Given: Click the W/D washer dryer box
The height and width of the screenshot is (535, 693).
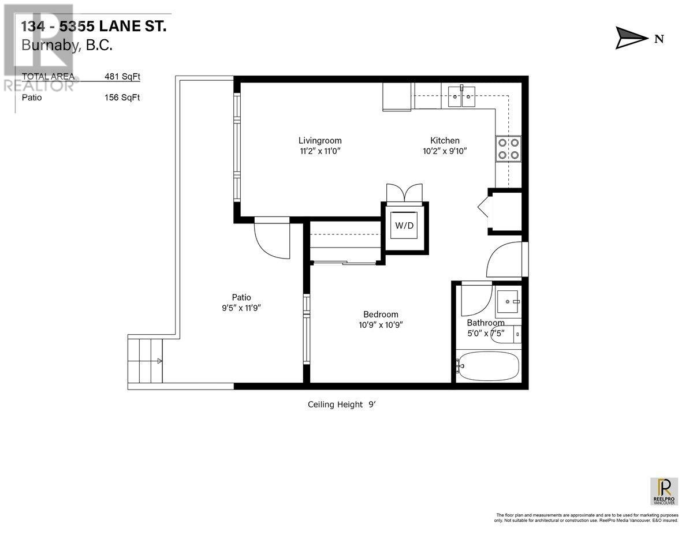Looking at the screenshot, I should tap(404, 226).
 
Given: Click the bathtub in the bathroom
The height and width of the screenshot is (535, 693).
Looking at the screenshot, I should tap(488, 365).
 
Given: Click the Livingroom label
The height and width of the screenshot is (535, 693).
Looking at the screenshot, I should tap(320, 140).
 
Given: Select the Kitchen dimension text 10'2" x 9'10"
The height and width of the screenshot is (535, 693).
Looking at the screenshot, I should tap(445, 151).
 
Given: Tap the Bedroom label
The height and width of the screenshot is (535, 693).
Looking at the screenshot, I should tap(381, 315).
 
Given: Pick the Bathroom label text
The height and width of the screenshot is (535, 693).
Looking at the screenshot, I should tap(485, 323).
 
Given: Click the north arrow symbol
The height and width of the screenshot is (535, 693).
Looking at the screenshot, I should tap(632, 39).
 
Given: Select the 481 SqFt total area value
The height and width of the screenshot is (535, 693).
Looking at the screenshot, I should tap(122, 76).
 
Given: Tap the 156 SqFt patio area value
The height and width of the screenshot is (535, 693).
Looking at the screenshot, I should tap(122, 98).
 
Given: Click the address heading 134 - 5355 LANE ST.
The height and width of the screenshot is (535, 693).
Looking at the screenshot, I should tap(94, 26).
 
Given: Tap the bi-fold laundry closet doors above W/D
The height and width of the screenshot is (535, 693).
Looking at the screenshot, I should tap(404, 192).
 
